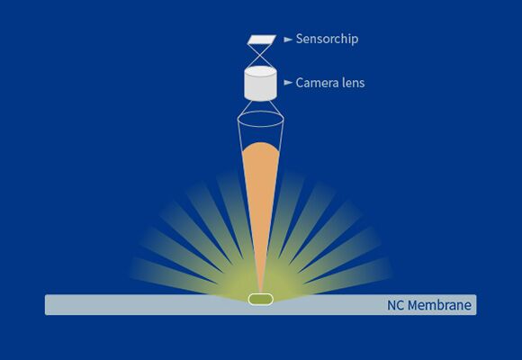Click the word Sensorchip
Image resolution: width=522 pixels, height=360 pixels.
(x=327, y=39)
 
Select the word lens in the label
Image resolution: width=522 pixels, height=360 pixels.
(x=354, y=82)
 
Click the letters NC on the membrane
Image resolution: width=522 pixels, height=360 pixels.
(x=396, y=305)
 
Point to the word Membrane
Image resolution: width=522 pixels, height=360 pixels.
(x=439, y=305)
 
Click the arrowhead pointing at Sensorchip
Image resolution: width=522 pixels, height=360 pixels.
(x=288, y=40)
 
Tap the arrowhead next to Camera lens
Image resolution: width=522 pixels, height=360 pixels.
(x=288, y=82)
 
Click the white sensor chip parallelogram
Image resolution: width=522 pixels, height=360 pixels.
(x=262, y=40)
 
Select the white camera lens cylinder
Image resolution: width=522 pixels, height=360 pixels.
(x=260, y=83)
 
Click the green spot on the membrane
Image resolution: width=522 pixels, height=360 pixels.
(x=261, y=299)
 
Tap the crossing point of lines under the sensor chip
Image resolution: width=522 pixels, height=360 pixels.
(x=260, y=54)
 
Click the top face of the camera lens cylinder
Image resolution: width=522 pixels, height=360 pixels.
(x=260, y=71)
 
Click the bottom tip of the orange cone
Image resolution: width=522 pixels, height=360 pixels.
(x=261, y=294)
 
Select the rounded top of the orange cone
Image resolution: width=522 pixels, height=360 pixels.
(x=261, y=147)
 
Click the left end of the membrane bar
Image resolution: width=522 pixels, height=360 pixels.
(x=45, y=304)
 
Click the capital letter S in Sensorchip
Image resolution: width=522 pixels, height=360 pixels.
(x=300, y=39)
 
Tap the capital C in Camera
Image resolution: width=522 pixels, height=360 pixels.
(x=300, y=83)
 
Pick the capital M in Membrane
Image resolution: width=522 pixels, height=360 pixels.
(x=413, y=305)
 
